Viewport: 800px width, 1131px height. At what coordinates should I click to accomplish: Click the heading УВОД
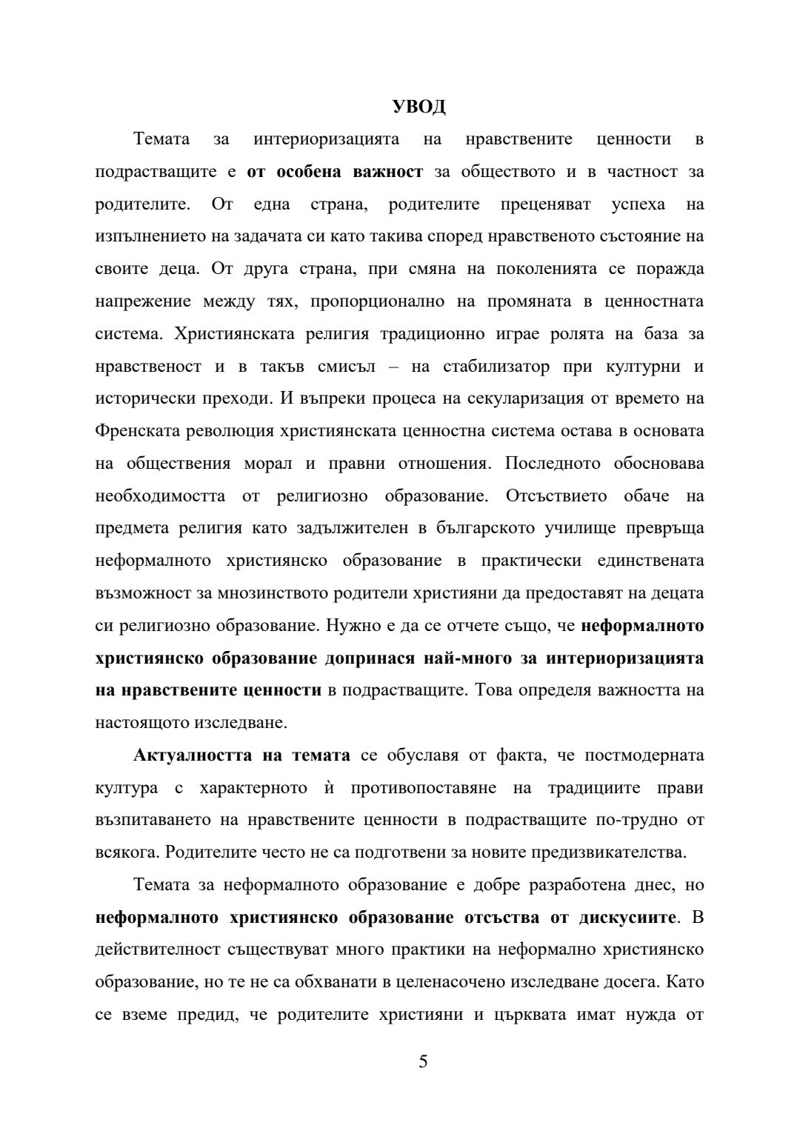pos(419,107)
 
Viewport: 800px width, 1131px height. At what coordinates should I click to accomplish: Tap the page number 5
pos(423,1062)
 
